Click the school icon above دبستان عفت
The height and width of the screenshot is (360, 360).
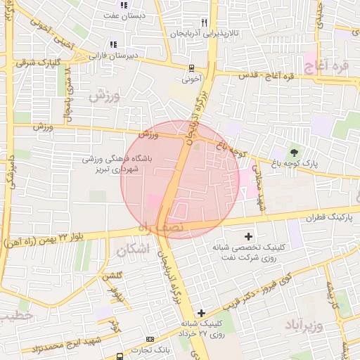(x=124, y=6)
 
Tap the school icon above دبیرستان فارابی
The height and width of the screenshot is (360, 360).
(x=113, y=45)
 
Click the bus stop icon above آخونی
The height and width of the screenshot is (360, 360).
(x=191, y=68)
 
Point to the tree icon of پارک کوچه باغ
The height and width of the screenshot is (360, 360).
(x=294, y=152)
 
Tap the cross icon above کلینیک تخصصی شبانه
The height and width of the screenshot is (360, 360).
(x=248, y=236)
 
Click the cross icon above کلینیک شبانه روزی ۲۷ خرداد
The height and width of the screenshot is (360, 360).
(x=202, y=313)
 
